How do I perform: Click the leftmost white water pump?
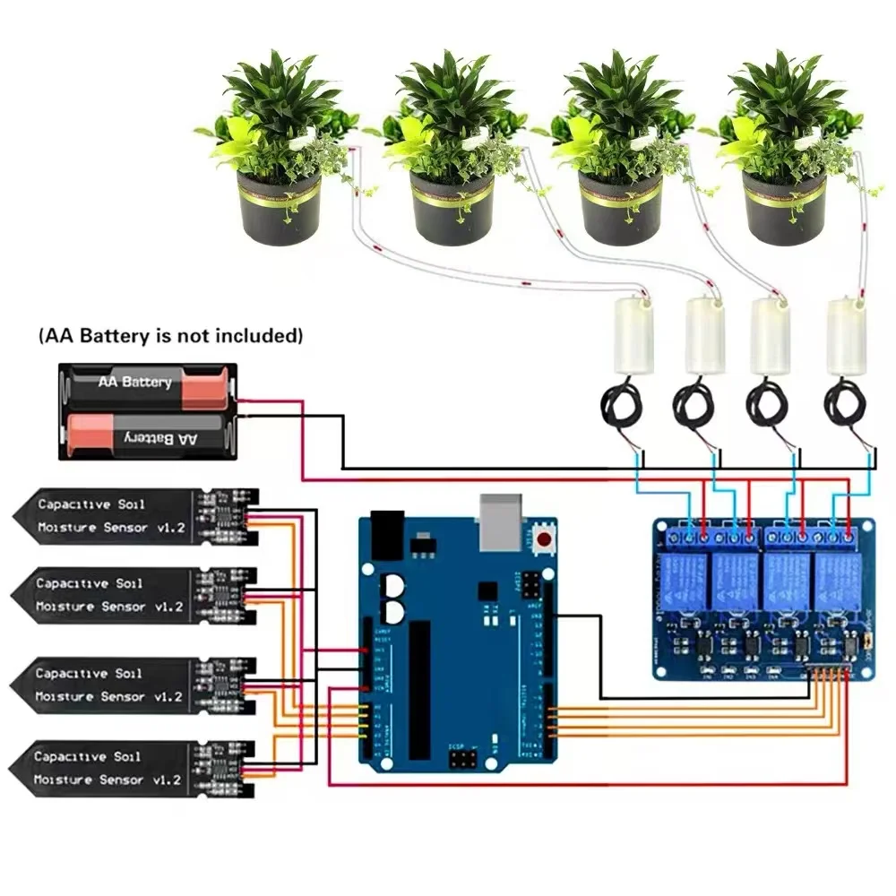631,333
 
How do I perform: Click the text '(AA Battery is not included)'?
170,337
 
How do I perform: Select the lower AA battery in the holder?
148,436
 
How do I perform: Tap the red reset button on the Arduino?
544,539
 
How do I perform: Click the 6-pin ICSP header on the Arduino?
462,761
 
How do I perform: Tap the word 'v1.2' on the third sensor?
168,696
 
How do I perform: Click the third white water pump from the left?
770,333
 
